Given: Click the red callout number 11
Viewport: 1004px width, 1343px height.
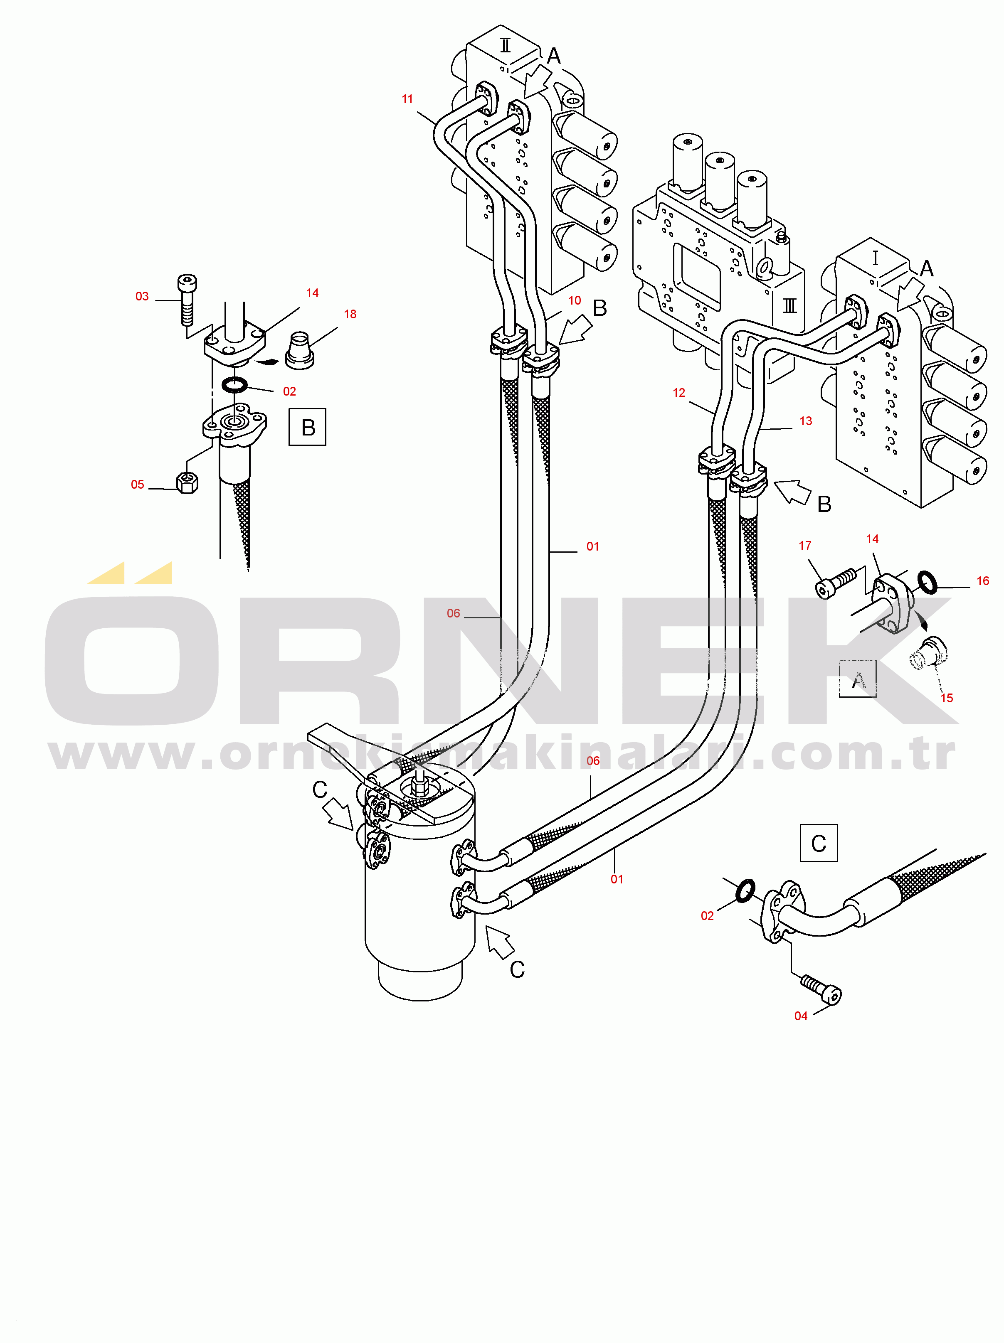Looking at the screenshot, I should pos(407,99).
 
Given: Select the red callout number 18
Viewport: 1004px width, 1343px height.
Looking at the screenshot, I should pos(350,314).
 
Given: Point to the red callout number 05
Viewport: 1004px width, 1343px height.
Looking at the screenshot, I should pos(137,485).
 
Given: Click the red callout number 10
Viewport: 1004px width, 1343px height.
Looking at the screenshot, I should pos(575,300).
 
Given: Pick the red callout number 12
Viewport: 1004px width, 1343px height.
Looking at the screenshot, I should pos(678,393).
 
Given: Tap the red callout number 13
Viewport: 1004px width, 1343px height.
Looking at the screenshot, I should pos(805,421).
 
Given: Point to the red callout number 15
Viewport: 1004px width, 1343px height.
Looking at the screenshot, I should pos(946,698).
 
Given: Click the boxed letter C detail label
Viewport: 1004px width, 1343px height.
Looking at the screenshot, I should pos(819,843).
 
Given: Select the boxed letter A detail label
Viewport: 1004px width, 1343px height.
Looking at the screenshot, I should pos(858,679).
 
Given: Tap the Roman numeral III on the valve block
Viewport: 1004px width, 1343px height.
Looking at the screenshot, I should pos(789,305).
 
